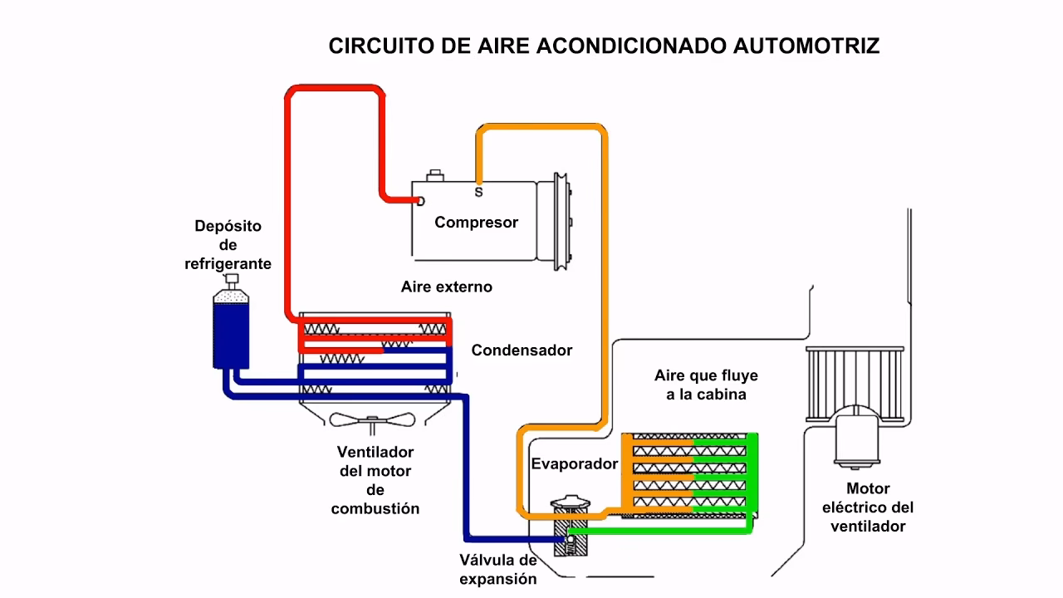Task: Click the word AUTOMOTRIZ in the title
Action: point(806,46)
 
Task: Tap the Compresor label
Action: point(476,223)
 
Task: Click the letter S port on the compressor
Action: point(478,192)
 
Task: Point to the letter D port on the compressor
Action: point(420,201)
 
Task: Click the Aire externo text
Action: point(446,287)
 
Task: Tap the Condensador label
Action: point(522,350)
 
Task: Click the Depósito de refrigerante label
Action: point(228,245)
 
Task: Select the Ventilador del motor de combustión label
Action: point(375,480)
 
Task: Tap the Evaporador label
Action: point(575,464)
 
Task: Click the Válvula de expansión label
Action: point(498,569)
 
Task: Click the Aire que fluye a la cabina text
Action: point(706,385)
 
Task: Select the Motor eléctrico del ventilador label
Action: point(868,507)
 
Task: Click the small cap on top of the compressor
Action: point(434,176)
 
